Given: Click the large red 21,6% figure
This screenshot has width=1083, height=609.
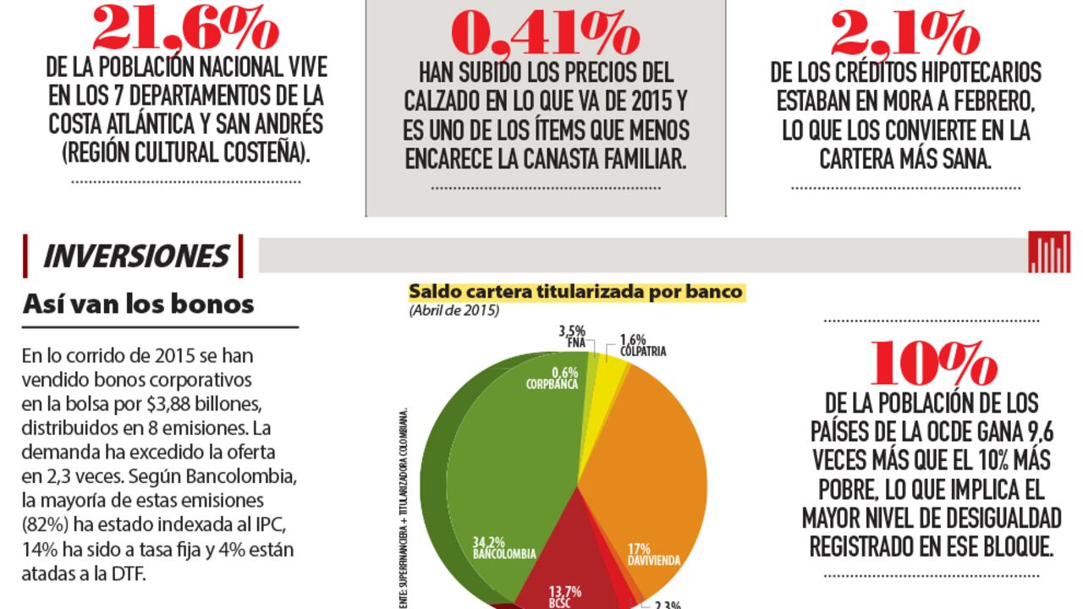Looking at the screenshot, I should pos(184,27).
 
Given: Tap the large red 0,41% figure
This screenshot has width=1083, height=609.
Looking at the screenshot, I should pos(545,34).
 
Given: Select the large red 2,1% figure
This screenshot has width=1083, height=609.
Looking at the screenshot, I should pos(905,34).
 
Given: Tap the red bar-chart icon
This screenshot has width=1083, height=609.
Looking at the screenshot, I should pos(1049,254).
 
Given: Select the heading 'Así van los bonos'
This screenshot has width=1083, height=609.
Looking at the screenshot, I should pos(139,304).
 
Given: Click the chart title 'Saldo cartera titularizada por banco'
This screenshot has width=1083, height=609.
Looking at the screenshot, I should pos(576,292).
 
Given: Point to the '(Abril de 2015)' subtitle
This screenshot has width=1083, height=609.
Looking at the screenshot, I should pos(454,310).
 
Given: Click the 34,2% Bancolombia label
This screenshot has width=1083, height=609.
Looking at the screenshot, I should pos(503,547).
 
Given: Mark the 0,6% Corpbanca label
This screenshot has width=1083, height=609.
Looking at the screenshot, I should pos(552,377).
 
